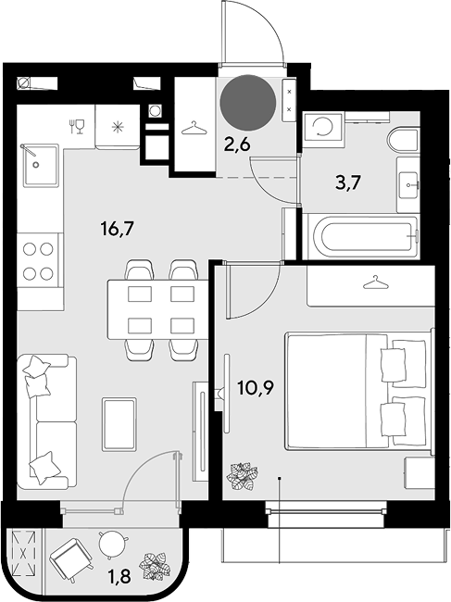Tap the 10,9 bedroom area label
coord(255,388)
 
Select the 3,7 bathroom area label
coord(348,182)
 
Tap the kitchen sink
coord(41,165)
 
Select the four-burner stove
coord(38,261)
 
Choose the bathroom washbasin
coord(408,185)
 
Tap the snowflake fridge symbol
coord(117,127)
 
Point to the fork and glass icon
coord(77,127)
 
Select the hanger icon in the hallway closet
coord(194,128)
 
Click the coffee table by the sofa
coord(119,424)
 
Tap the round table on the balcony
coord(112,542)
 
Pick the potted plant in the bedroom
coord(242,476)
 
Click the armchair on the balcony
coord(71,558)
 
